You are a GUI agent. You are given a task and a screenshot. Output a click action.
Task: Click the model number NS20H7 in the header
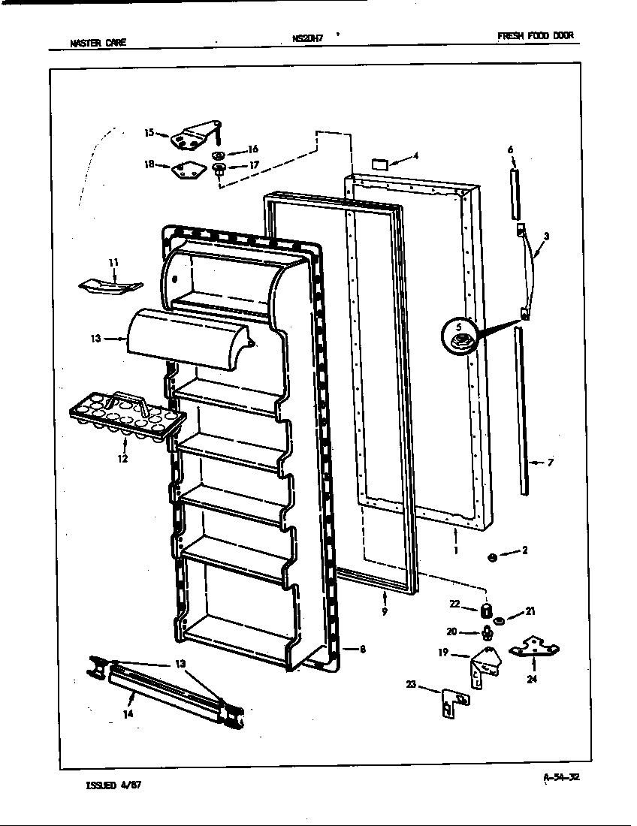tap(307, 40)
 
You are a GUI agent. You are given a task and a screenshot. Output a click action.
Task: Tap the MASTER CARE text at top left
tap(98, 43)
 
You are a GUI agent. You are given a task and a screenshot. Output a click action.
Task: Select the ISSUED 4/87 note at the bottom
tap(113, 785)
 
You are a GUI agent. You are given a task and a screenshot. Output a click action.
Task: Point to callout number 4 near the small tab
tap(415, 158)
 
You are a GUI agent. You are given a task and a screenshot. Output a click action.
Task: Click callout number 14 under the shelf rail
tap(128, 714)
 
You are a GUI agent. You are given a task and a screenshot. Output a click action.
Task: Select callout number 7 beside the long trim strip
tap(551, 463)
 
